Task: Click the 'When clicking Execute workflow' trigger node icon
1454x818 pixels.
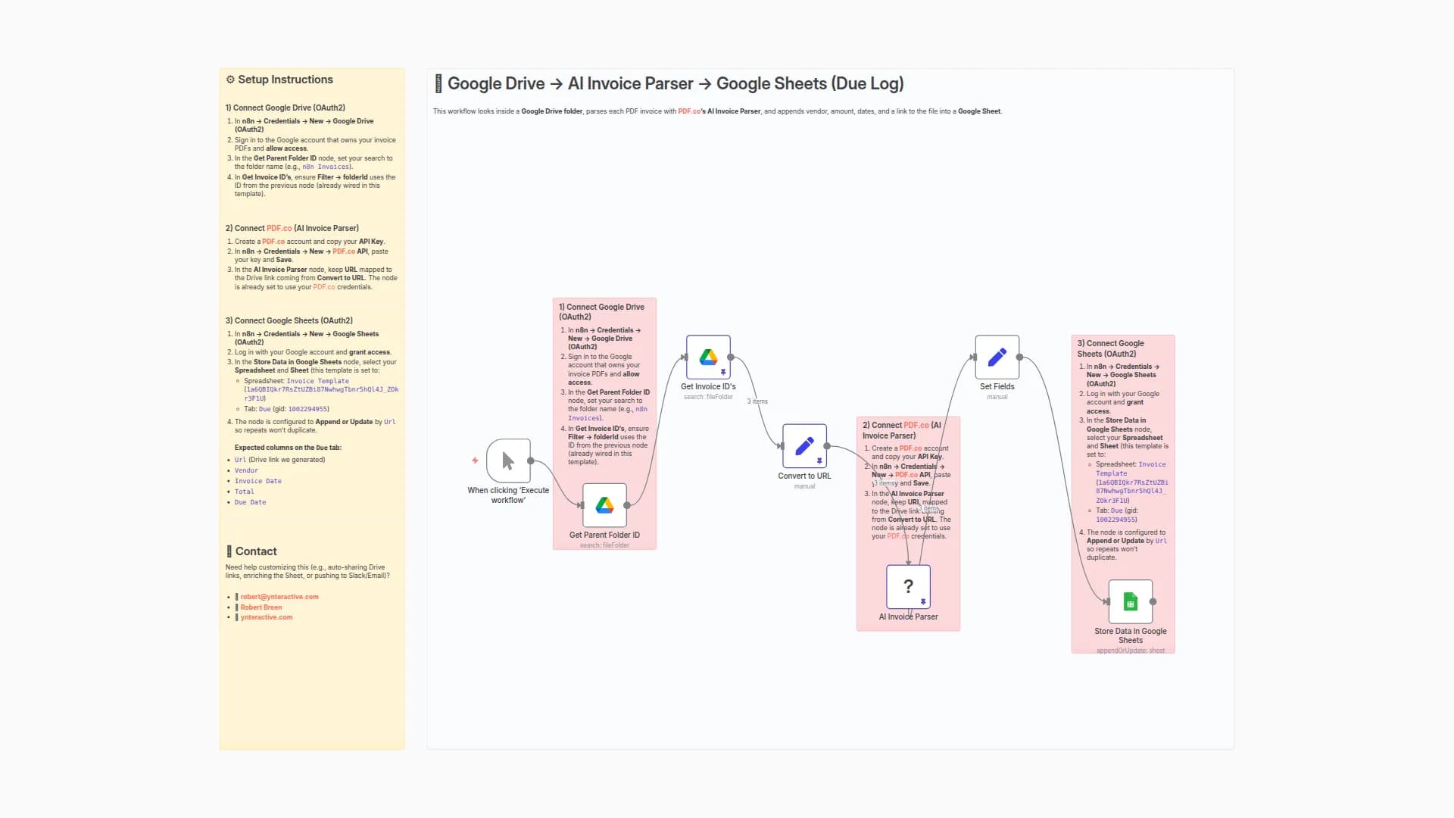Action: point(508,461)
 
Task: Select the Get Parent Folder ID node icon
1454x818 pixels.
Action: point(604,505)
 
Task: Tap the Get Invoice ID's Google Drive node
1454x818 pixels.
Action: point(708,357)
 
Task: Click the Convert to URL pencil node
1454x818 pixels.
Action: point(804,446)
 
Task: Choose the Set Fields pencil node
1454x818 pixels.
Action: point(997,357)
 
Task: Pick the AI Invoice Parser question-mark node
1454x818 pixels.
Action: point(908,586)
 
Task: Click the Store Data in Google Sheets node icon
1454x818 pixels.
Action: point(1130,601)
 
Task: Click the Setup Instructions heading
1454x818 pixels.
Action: point(285,80)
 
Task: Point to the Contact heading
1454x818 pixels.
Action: point(256,551)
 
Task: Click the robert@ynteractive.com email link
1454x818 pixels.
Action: point(279,597)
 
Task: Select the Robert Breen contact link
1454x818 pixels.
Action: point(261,607)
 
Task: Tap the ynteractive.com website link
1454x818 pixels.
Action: point(267,617)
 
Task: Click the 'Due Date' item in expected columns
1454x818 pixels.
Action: point(250,502)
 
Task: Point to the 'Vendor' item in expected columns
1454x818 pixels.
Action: point(246,470)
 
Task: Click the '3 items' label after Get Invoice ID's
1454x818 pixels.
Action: point(757,401)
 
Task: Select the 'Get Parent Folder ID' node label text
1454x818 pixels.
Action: point(604,535)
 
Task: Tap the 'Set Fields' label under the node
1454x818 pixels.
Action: point(997,386)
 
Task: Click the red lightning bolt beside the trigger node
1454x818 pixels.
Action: point(475,461)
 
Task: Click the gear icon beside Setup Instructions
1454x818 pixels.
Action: point(230,80)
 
